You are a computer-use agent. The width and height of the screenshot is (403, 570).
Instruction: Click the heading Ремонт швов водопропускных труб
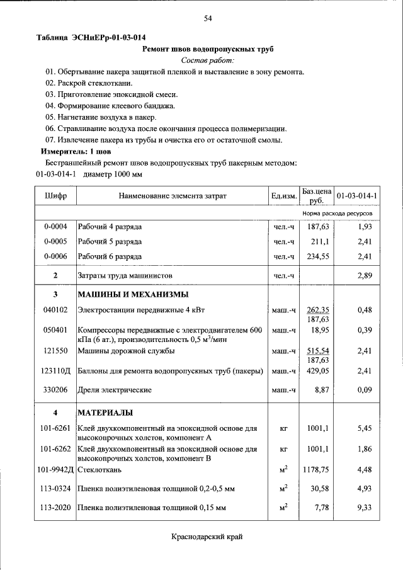[208, 48]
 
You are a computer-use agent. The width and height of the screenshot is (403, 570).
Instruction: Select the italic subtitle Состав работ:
[207, 60]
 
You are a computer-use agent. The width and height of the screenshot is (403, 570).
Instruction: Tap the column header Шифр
[55, 196]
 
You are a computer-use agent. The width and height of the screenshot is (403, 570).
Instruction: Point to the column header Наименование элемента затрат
[172, 197]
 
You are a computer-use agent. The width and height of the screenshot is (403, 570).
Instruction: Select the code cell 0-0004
[55, 226]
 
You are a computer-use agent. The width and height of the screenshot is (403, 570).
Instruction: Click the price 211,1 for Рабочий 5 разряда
[321, 241]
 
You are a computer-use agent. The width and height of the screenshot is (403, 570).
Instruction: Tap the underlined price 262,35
[318, 310]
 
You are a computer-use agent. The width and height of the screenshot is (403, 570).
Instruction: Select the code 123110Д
[55, 372]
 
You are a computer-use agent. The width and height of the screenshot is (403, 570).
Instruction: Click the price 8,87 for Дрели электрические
[322, 390]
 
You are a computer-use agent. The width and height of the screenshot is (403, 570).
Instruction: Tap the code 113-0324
[55, 489]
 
